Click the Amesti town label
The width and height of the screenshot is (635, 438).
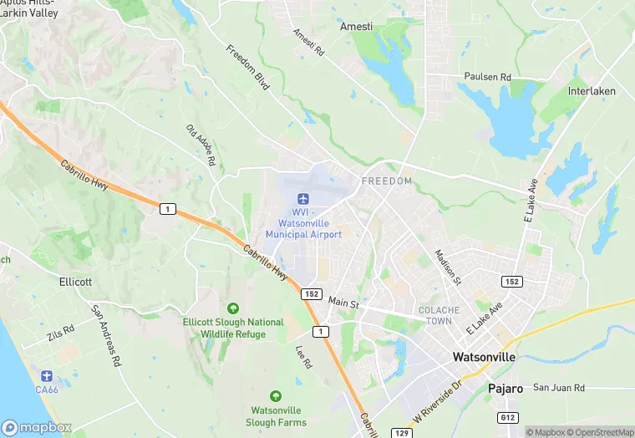click(x=357, y=27)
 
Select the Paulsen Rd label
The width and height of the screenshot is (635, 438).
click(x=487, y=77)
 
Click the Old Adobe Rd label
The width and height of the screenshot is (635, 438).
click(x=201, y=145)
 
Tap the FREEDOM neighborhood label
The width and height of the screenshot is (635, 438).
click(x=387, y=181)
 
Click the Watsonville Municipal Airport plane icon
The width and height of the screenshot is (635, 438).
click(x=303, y=198)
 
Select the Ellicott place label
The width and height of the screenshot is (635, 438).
click(x=75, y=282)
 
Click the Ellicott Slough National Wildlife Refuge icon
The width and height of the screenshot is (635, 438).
click(x=232, y=308)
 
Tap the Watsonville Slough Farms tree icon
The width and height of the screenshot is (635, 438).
click(x=275, y=395)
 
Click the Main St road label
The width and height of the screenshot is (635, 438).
click(x=343, y=301)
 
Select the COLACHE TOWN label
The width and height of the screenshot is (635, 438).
click(x=439, y=316)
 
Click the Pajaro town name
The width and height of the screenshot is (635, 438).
click(x=505, y=389)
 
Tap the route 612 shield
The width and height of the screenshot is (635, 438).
click(x=508, y=416)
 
